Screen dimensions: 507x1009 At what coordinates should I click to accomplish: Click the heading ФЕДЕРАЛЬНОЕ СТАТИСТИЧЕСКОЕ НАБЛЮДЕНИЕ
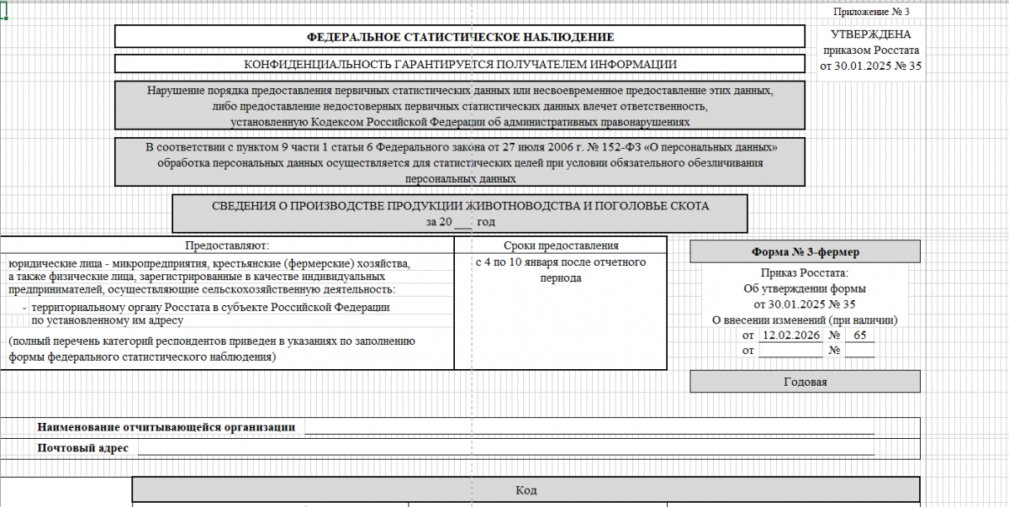(460, 37)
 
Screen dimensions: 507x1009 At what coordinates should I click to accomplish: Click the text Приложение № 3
(871, 12)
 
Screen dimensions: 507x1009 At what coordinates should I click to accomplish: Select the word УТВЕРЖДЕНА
(870, 34)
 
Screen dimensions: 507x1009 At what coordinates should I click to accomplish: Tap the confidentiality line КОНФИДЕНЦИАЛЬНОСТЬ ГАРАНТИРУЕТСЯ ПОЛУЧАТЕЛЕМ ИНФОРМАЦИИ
(460, 64)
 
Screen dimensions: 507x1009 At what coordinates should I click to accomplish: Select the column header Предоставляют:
(226, 246)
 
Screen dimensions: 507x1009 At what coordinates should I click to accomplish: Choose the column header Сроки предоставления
(561, 246)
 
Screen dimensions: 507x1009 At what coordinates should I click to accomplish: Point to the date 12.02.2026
(790, 335)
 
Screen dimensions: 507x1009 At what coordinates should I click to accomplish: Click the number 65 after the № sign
(858, 335)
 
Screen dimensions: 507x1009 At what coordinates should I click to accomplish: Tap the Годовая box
(805, 382)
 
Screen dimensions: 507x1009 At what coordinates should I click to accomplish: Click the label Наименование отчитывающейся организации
(166, 427)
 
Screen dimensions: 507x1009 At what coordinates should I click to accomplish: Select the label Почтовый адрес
(83, 448)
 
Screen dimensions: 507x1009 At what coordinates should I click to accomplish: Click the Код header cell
(526, 489)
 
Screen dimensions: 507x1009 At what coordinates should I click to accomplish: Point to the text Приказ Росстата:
(805, 273)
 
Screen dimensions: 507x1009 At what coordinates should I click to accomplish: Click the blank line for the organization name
(589, 427)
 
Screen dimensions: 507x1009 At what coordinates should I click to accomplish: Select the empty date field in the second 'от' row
(790, 351)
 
